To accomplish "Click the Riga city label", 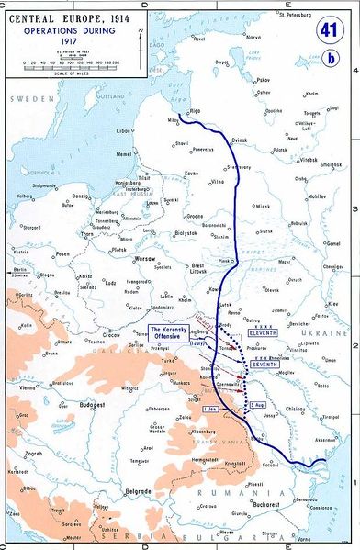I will tap(194, 110).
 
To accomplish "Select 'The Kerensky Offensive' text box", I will tap(168, 331).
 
